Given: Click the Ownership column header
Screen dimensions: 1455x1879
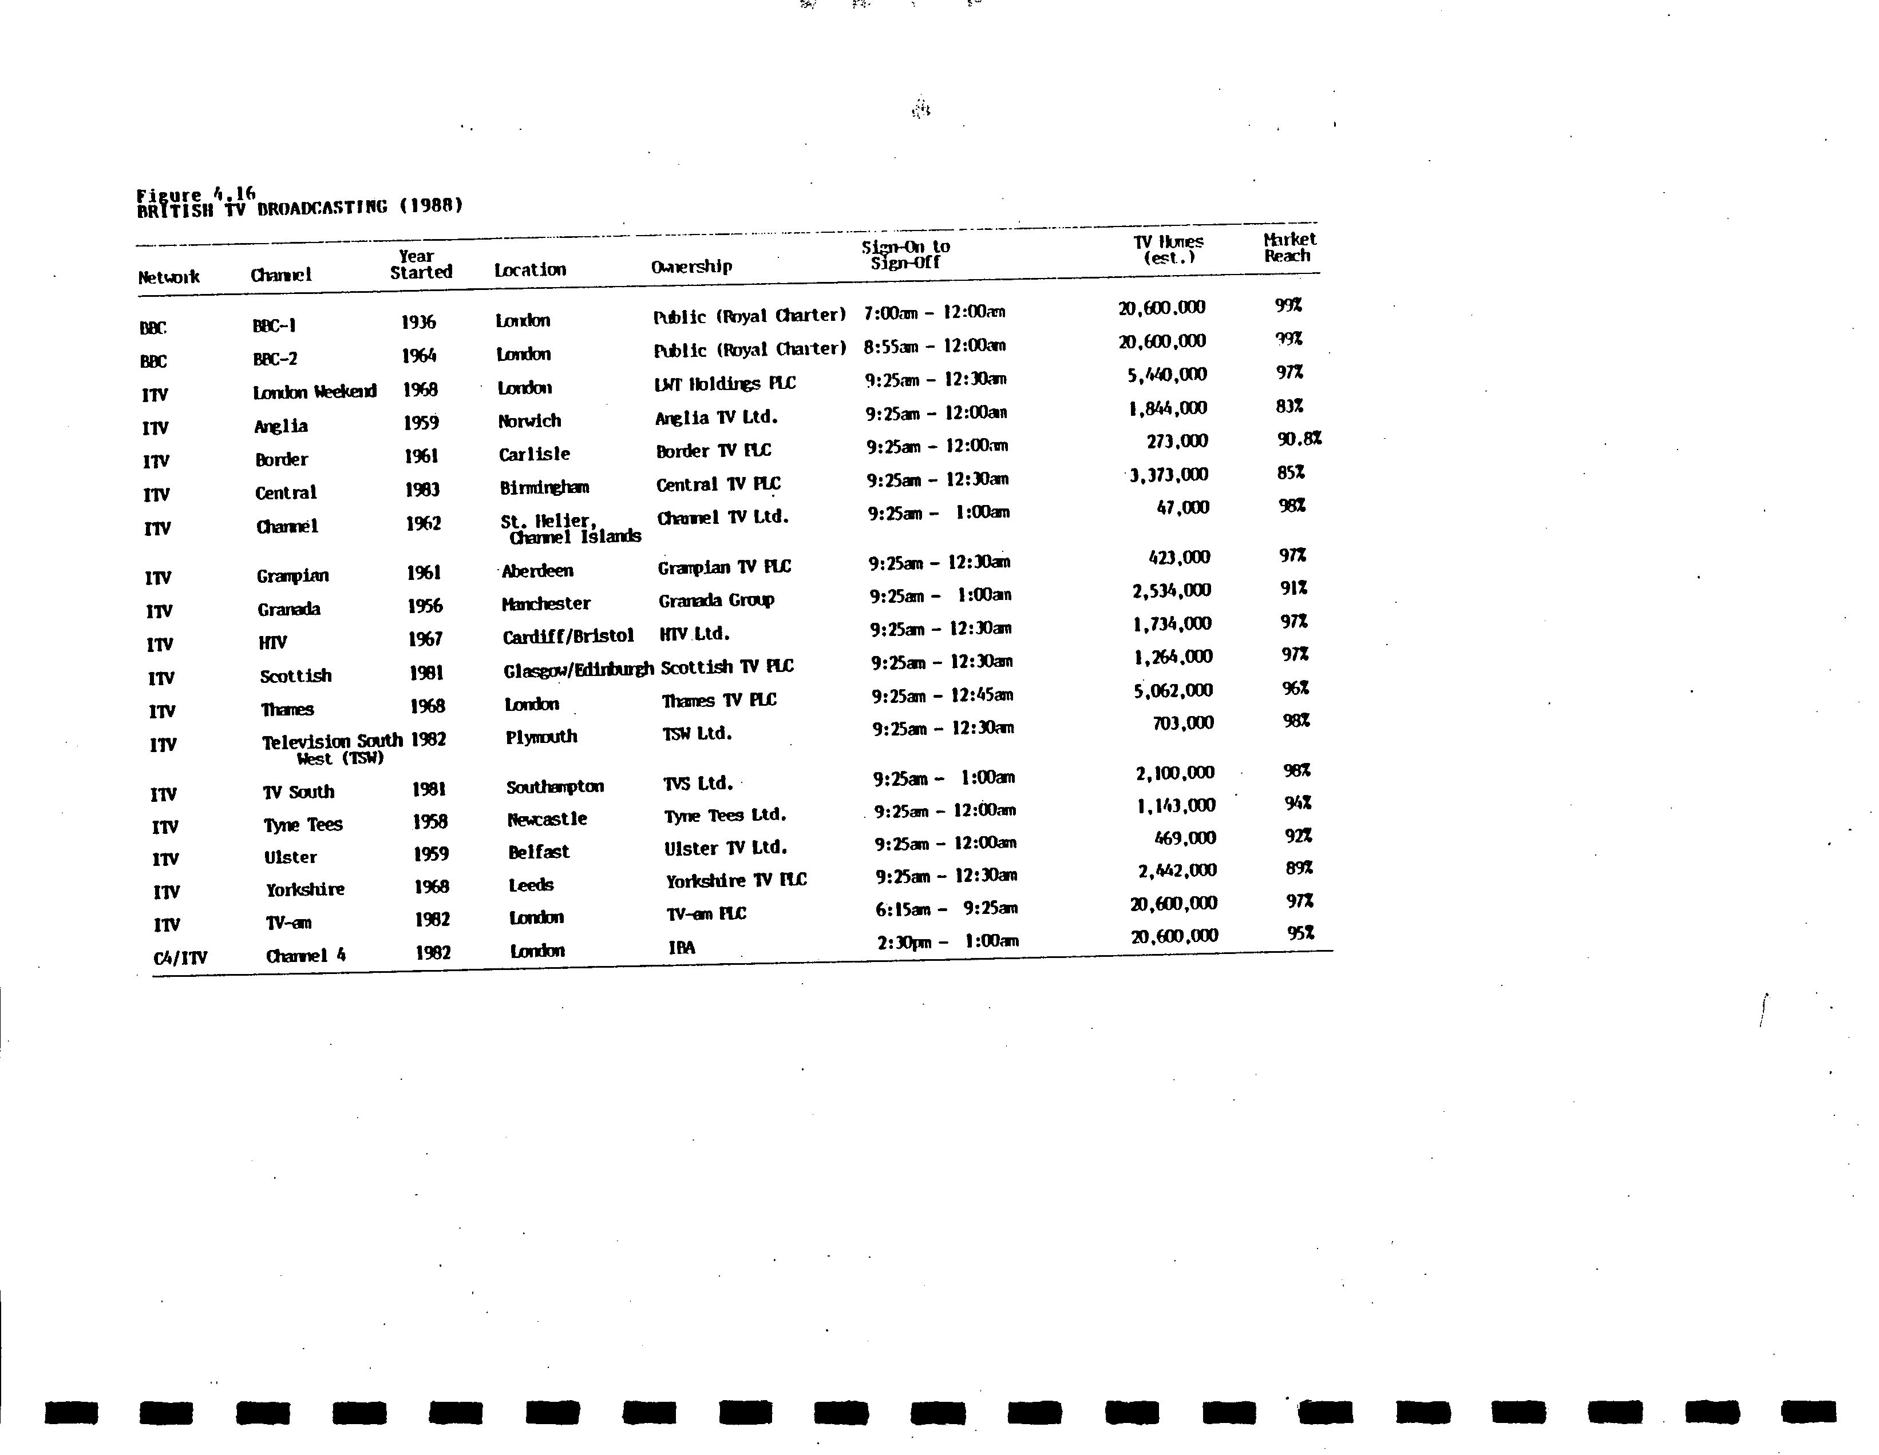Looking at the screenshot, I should coord(691,267).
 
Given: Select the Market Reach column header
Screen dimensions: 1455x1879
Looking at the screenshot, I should coord(1289,248).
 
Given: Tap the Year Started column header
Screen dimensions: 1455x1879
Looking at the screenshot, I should coord(421,264).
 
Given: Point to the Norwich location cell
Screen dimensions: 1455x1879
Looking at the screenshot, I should coord(529,420).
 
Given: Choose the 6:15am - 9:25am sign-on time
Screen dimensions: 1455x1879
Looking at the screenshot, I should coord(947,909).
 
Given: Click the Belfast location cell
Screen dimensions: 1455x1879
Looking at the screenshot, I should coord(538,852).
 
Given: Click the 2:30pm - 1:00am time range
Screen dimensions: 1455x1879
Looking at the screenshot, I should coord(947,941).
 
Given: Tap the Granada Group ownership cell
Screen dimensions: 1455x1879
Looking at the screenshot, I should coord(716,600).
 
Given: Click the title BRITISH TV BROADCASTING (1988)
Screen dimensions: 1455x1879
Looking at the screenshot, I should coord(299,207).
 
